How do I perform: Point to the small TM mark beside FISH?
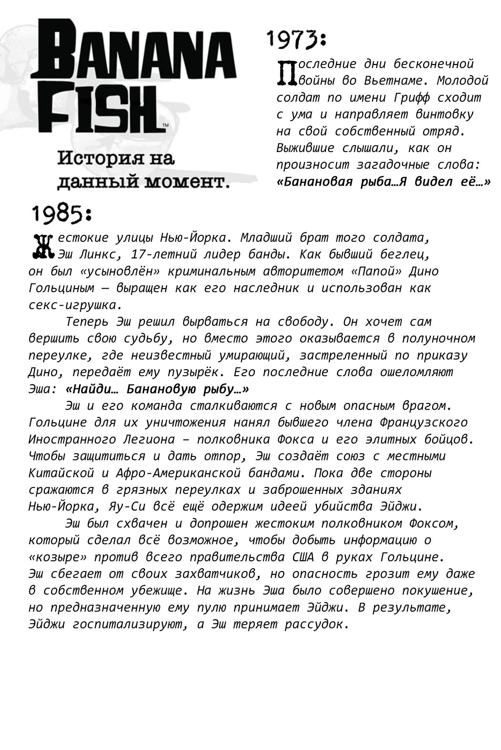click(x=165, y=125)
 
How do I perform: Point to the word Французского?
click(x=424, y=423)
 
